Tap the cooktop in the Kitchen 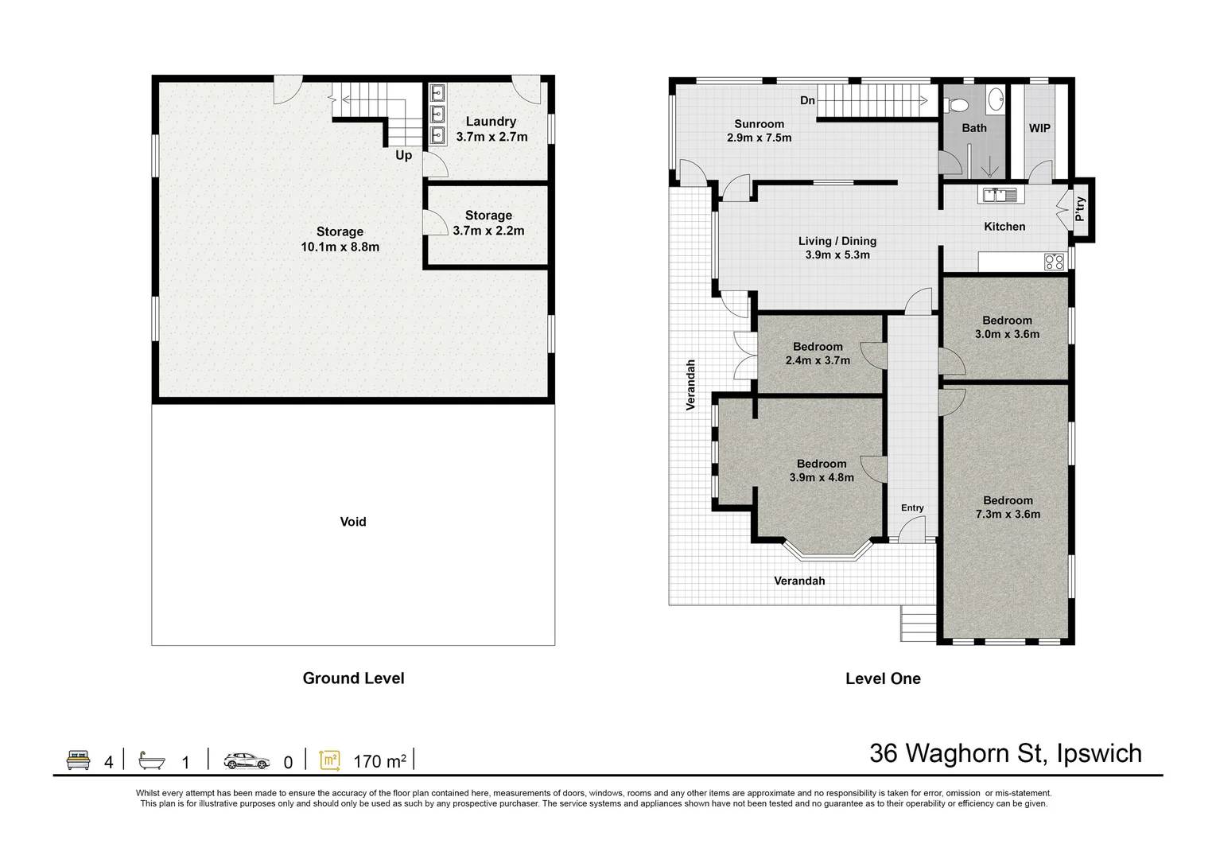pos(1054,262)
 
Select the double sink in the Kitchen pos(1000,194)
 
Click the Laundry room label pos(491,122)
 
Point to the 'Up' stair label pos(404,155)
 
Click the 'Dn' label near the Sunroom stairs pos(807,100)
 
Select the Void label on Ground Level pos(353,522)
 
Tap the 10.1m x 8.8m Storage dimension pos(340,247)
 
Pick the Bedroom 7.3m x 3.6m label pos(1008,507)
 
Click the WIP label pos(1039,128)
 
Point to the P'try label pos(1080,209)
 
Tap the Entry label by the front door pos(912,507)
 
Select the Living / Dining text pos(837,241)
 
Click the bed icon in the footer pos(77,760)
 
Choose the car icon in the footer pos(247,761)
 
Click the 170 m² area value pos(379,762)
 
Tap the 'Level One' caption pos(883,678)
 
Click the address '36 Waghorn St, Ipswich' pos(1005,753)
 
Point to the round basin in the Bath pos(995,100)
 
